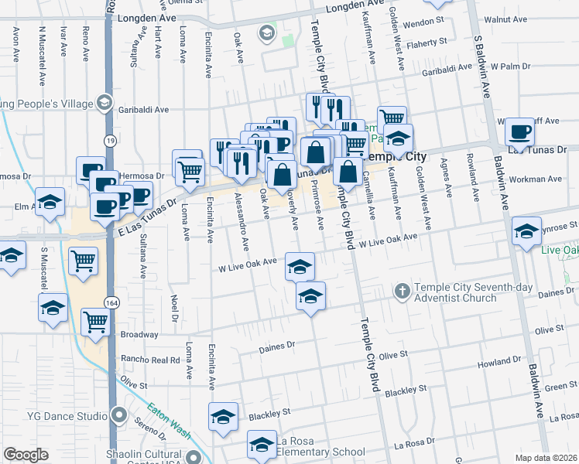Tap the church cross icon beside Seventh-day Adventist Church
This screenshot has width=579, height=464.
tap(401, 292)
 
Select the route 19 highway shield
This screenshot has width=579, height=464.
tap(111, 140)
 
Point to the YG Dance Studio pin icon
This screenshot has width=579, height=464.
tap(119, 416)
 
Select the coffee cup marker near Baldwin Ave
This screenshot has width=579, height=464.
tap(520, 132)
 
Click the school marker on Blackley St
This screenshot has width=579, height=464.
tap(224, 417)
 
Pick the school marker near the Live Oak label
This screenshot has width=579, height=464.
tap(526, 231)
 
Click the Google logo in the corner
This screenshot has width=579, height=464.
tap(26, 455)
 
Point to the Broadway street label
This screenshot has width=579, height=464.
tap(139, 335)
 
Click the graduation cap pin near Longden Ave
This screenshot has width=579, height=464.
tap(267, 33)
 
